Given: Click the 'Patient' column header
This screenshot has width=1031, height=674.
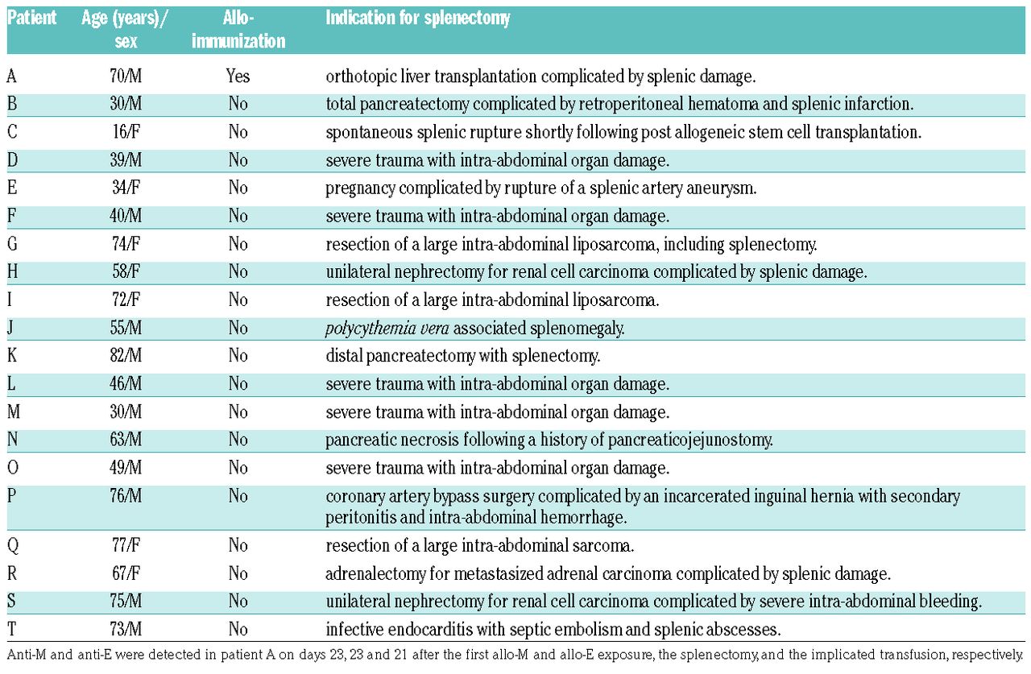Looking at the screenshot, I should [32, 18].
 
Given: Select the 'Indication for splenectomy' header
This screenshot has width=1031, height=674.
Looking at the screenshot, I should [417, 18].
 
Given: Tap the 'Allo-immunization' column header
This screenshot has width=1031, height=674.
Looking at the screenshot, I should [238, 29].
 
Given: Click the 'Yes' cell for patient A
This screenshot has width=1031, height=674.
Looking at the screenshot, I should [238, 76].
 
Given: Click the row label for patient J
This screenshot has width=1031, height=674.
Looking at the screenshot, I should [11, 328].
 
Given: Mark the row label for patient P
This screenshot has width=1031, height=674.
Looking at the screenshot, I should [12, 496].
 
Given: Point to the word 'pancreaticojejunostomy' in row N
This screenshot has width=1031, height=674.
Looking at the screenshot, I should [690, 440].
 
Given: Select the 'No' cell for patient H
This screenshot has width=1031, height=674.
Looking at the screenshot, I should [238, 272].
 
